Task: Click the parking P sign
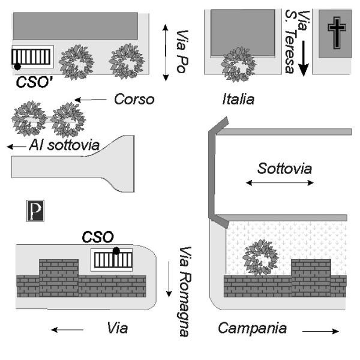coord(35,211)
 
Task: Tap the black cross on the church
coord(337,33)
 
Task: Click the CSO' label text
coord(34,82)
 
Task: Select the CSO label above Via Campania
coord(98,237)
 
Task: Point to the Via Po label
coord(182,52)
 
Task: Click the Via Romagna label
coord(185,292)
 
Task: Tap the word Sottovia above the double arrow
coord(284,168)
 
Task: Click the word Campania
coord(253,328)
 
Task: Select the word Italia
coord(238,99)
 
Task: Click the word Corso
coord(134,99)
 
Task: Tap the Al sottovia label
coord(64,145)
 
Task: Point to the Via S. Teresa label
coord(296,41)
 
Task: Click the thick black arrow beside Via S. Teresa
coord(304,58)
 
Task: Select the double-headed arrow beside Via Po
coord(166,53)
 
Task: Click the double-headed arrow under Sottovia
coord(280,183)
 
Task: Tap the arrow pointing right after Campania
coord(321,331)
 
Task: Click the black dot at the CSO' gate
coord(17,67)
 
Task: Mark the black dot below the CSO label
coord(116,251)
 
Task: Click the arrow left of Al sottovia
coord(16,146)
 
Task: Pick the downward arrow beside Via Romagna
coord(169,279)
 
